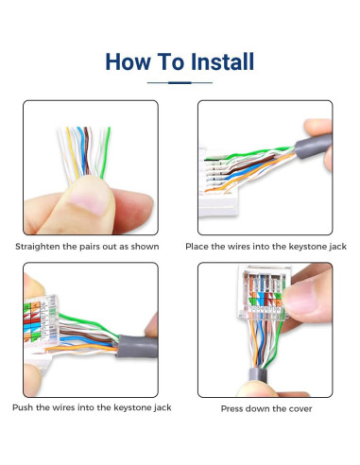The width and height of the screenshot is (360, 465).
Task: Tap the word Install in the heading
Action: (x=219, y=62)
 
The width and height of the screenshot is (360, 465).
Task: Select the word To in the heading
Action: (x=171, y=62)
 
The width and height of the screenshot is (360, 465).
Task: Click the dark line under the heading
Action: (x=180, y=83)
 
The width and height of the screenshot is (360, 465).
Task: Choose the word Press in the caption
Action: (x=234, y=409)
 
